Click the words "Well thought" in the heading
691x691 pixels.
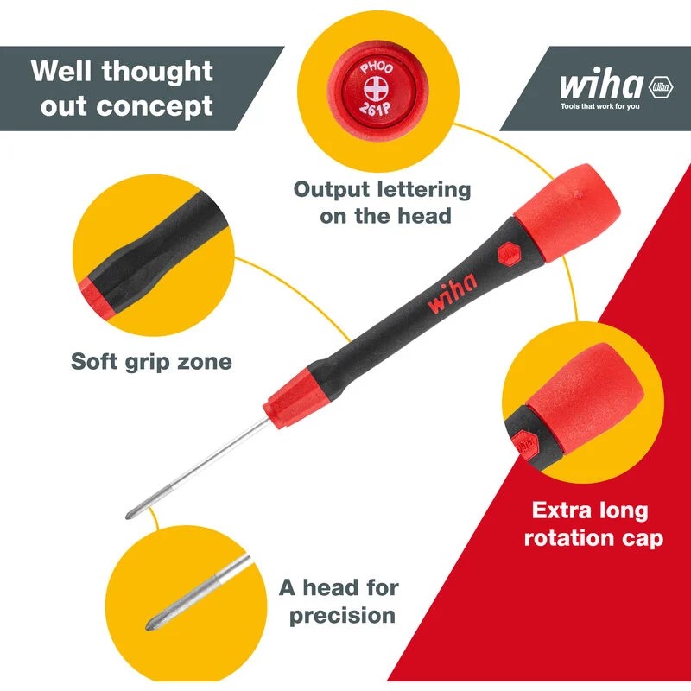click(x=121, y=71)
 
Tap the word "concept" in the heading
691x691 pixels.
click(x=168, y=107)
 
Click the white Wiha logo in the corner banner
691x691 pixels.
click(x=601, y=86)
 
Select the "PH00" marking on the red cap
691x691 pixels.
click(x=376, y=67)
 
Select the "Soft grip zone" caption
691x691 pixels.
click(x=151, y=361)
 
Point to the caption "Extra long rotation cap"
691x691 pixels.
click(x=590, y=523)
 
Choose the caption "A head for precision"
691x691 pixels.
click(x=339, y=601)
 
